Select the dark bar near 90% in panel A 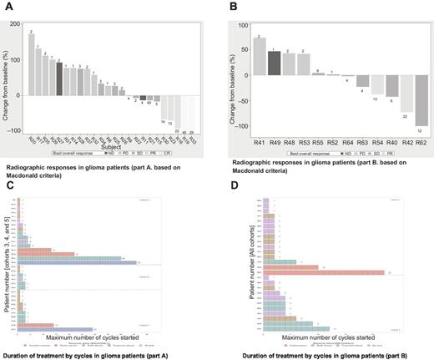(x=58, y=79)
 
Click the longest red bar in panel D (x=325, y=271)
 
